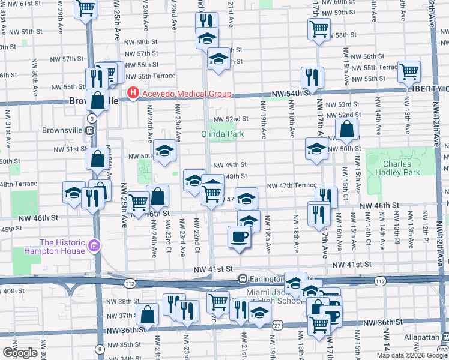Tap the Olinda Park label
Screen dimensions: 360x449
(x=222, y=134)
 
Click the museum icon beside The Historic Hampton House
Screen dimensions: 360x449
(x=93, y=246)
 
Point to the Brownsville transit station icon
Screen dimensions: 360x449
(x=89, y=130)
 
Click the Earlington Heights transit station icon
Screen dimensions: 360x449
(x=243, y=278)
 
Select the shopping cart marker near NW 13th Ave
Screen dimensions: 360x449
(x=409, y=71)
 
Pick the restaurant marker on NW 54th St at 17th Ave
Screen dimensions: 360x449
(x=312, y=77)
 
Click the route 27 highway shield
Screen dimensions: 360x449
(x=277, y=324)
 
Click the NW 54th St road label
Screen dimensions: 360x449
(x=291, y=94)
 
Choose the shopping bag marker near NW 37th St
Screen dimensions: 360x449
(x=147, y=314)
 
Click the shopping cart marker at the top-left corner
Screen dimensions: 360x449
(x=86, y=8)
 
